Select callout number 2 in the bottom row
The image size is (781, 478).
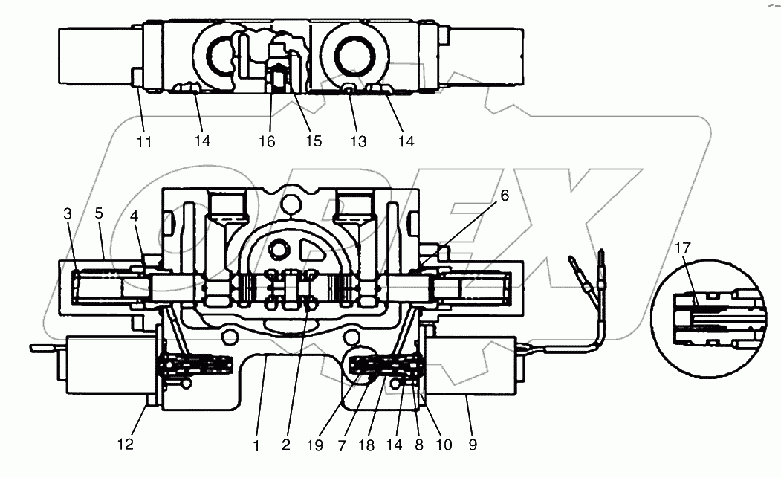pyautogui.click(x=285, y=445)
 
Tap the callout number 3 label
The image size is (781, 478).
pyautogui.click(x=68, y=214)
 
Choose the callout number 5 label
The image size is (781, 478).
pyautogui.click(x=99, y=214)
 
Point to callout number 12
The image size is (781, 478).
pyautogui.click(x=126, y=445)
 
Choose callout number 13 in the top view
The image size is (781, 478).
pyautogui.click(x=358, y=141)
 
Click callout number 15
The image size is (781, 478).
pyautogui.click(x=314, y=141)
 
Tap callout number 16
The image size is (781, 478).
pyautogui.click(x=267, y=141)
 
